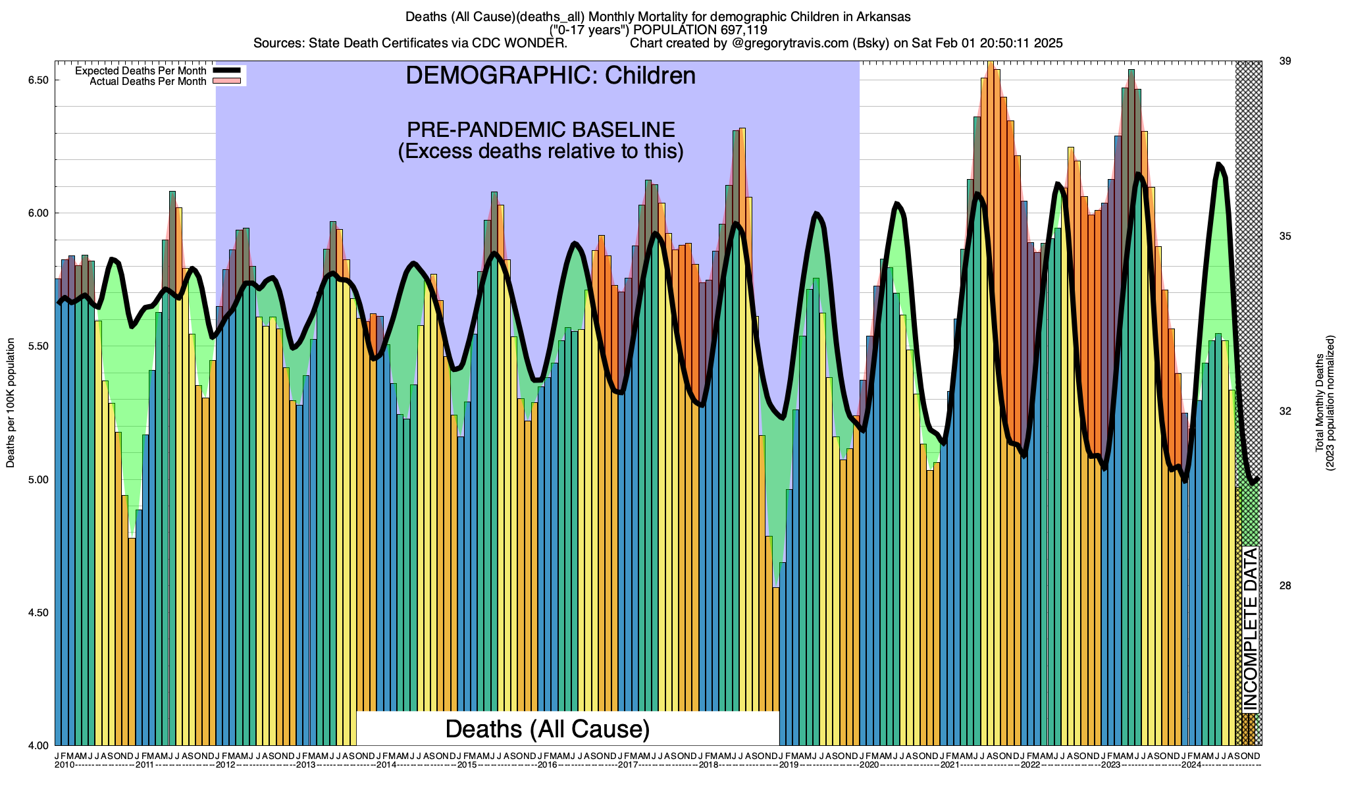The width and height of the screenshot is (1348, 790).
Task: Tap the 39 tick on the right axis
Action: pyautogui.click(x=1284, y=61)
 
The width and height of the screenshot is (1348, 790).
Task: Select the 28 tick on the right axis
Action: pyautogui.click(x=1284, y=586)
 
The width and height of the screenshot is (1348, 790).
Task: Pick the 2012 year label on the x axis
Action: pyautogui.click(x=226, y=765)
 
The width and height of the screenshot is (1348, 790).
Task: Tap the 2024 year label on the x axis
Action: pyautogui.click(x=1191, y=765)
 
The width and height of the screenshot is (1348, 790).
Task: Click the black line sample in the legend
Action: pyautogui.click(x=228, y=70)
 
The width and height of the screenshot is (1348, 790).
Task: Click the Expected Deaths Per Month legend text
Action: pyautogui.click(x=140, y=70)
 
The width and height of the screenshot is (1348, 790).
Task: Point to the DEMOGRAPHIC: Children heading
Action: pyautogui.click(x=550, y=76)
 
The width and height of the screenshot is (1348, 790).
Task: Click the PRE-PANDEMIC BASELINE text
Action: pyautogui.click(x=540, y=129)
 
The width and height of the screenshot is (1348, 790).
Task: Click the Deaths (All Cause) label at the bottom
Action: pyautogui.click(x=548, y=729)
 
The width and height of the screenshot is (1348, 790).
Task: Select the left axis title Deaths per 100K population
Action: pyautogui.click(x=11, y=403)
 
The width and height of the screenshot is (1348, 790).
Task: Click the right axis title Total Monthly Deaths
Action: pyautogui.click(x=1319, y=403)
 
